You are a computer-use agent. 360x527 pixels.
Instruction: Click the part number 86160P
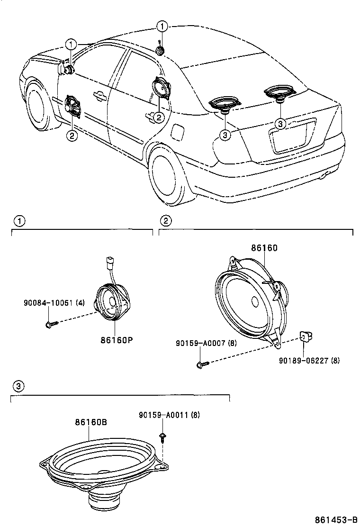pos(117,340)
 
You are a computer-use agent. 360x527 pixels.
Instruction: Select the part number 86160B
pos(90,421)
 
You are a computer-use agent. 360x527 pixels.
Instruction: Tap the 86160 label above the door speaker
pos(264,248)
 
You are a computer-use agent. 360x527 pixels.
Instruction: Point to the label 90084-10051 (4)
pos(54,303)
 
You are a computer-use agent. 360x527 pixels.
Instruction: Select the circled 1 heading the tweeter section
pos(19,221)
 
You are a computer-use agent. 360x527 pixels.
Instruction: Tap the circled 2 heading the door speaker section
pos(166,221)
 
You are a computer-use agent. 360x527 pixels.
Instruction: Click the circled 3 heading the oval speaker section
pos(18,386)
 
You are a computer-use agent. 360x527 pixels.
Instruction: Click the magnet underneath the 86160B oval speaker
pos(105,501)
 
